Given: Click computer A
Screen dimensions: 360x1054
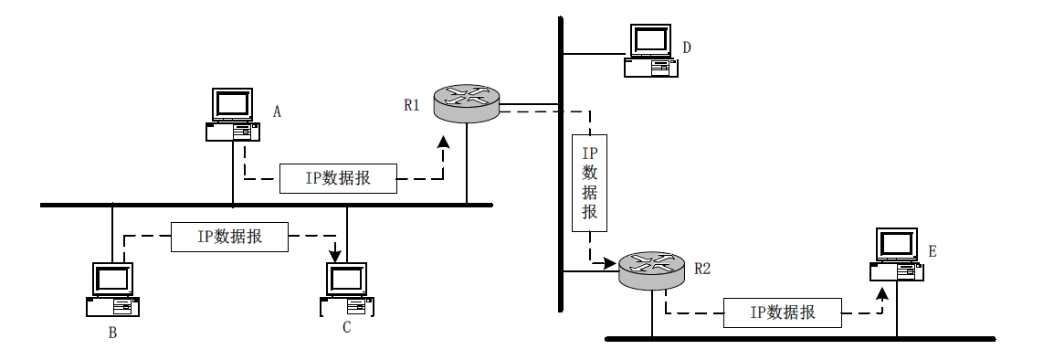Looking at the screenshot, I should pyautogui.click(x=232, y=114).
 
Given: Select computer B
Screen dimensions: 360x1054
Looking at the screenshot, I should pyautogui.click(x=113, y=289).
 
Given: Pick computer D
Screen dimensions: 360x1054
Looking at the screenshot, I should pyautogui.click(x=651, y=50).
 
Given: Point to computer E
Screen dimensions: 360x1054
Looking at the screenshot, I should pyautogui.click(x=895, y=255).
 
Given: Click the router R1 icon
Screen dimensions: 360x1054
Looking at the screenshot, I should pyautogui.click(x=467, y=101).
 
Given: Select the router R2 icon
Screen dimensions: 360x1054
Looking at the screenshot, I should pyautogui.click(x=651, y=270).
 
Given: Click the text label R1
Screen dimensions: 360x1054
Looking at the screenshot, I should pyautogui.click(x=412, y=105).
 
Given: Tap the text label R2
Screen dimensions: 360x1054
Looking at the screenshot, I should pyautogui.click(x=701, y=269).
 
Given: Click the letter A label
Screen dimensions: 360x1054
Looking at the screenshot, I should pyautogui.click(x=278, y=111).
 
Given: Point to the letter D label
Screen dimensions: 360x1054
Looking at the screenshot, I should pyautogui.click(x=686, y=47).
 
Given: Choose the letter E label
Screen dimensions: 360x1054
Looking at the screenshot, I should pyautogui.click(x=932, y=250).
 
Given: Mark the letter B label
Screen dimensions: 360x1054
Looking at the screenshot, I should pyautogui.click(x=112, y=333).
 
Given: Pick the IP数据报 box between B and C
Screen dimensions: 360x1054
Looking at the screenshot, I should pyautogui.click(x=230, y=237).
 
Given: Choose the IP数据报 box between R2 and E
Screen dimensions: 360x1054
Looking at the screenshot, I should pyautogui.click(x=782, y=312).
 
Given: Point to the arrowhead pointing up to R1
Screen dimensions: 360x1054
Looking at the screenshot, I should pyautogui.click(x=444, y=142).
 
